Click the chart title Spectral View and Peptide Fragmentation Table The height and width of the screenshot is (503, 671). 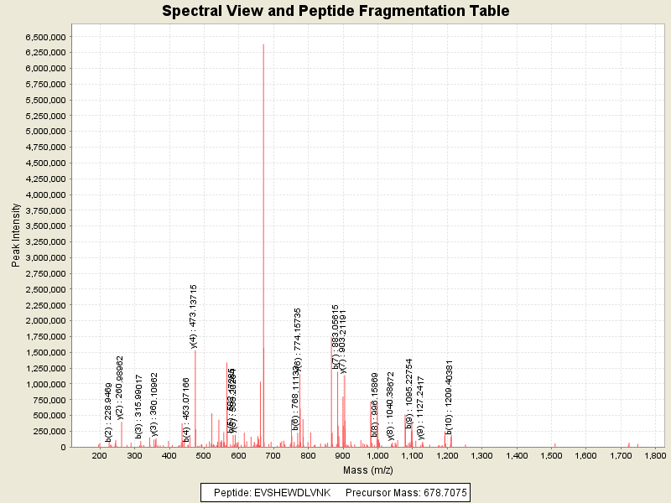(x=335, y=11)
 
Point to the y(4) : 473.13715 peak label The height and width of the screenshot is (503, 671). (x=194, y=316)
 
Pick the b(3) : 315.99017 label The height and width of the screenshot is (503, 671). (x=139, y=406)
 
